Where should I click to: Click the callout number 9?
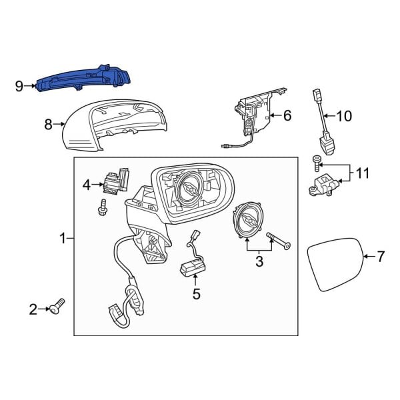click(x=19, y=85)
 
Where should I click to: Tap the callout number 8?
click(x=48, y=123)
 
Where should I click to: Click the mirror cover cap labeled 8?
click(x=113, y=127)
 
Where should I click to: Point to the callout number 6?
click(x=287, y=116)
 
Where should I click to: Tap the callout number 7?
click(x=381, y=256)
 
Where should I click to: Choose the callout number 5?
click(x=196, y=293)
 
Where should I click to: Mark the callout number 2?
click(x=33, y=309)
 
